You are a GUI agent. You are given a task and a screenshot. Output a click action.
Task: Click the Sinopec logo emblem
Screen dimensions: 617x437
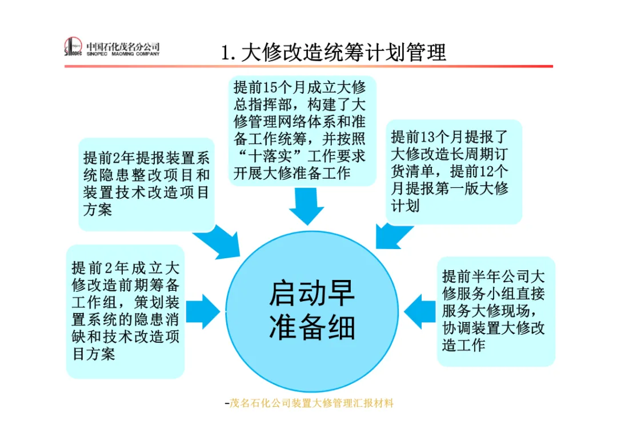tap(73, 47)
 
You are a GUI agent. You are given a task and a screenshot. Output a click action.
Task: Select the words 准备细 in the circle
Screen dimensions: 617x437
tap(311, 327)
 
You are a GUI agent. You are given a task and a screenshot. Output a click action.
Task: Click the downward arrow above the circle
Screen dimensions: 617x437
tap(306, 206)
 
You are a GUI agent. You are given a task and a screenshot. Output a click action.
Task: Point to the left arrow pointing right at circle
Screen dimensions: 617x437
tap(204, 312)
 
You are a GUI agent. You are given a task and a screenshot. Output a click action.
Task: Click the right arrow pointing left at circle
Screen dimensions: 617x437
tap(419, 312)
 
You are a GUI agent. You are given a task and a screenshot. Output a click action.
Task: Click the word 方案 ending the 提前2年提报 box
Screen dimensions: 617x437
tap(98, 210)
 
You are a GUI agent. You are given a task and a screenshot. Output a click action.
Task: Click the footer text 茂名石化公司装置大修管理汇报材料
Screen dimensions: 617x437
tap(311, 403)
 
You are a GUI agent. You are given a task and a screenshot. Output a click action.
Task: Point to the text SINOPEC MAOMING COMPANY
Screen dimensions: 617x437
tap(123, 54)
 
